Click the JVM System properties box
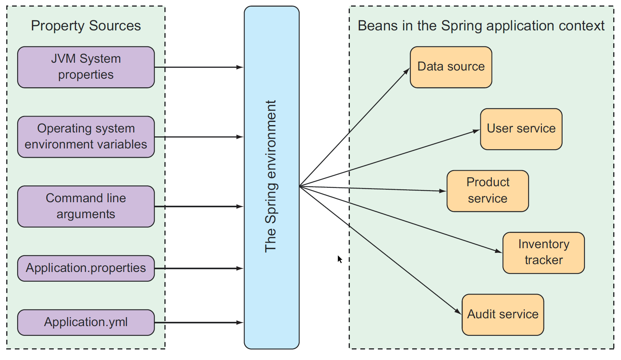tap(86, 67)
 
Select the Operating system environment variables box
tap(86, 137)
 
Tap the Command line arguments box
tap(86, 206)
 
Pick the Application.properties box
tap(86, 268)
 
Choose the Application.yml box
tap(86, 322)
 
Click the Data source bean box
tap(451, 67)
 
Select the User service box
tap(521, 129)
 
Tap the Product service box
tap(487, 191)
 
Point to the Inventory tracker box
tap(543, 252)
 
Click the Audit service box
tap(503, 314)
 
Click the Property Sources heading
tap(86, 26)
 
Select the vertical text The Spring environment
tap(271, 176)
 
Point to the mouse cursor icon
tap(340, 259)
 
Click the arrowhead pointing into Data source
tap(407, 71)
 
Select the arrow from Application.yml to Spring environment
tap(199, 323)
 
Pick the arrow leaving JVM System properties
tap(199, 67)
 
